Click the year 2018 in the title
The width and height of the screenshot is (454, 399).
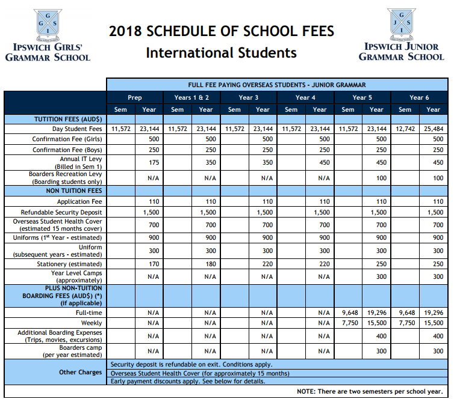(126, 32)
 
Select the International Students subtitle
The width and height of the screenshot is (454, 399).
(221, 53)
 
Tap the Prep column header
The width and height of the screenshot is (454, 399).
(135, 97)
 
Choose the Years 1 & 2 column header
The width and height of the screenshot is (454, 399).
(191, 97)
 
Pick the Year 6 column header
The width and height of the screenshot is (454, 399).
(419, 97)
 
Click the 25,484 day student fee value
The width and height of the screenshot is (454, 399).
(433, 129)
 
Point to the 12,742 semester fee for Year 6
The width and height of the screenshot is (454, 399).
(405, 129)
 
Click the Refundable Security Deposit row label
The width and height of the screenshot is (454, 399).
(61, 213)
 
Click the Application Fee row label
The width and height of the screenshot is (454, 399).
(79, 202)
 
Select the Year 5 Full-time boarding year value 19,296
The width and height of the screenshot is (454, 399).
(376, 312)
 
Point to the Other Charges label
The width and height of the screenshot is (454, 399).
(80, 373)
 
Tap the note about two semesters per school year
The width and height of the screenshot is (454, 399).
(370, 391)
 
